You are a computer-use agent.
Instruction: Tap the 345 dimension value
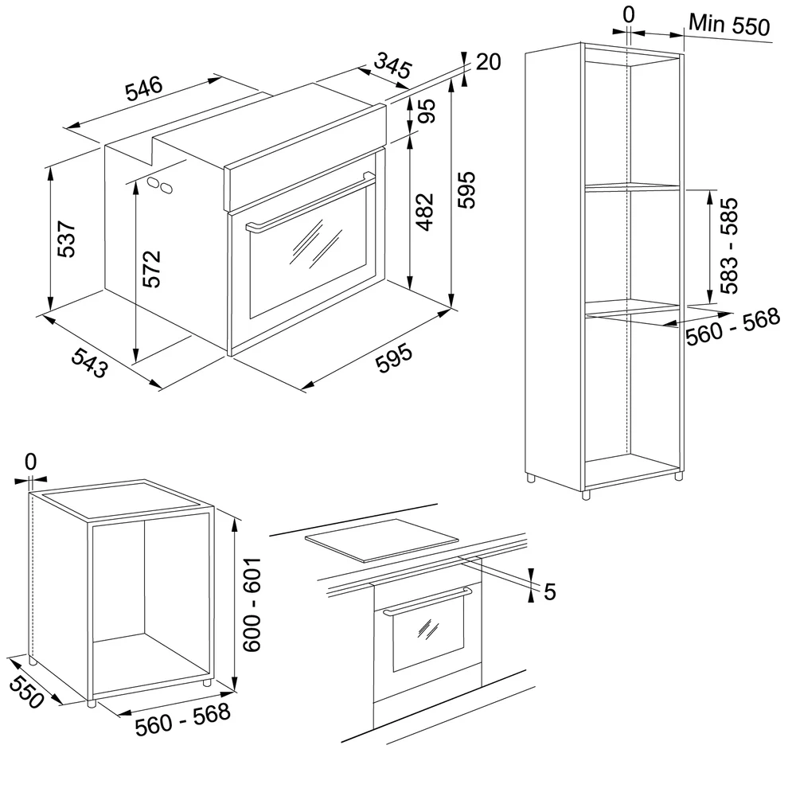pyautogui.click(x=392, y=65)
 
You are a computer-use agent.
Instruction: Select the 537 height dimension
pyautogui.click(x=67, y=239)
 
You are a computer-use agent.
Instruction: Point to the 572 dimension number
pyautogui.click(x=152, y=269)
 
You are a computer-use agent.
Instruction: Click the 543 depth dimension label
pyautogui.click(x=89, y=362)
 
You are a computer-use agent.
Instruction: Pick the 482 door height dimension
pyautogui.click(x=424, y=212)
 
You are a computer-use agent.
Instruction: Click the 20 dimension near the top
pyautogui.click(x=489, y=62)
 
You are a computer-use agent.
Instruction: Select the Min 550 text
pyautogui.click(x=729, y=24)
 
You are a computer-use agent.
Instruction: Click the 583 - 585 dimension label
pyautogui.click(x=729, y=246)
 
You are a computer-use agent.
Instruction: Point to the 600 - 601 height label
pyautogui.click(x=252, y=605)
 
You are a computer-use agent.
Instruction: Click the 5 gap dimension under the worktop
pyautogui.click(x=550, y=592)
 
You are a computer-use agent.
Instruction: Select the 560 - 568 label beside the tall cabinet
pyautogui.click(x=732, y=326)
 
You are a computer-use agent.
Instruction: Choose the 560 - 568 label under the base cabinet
pyautogui.click(x=183, y=719)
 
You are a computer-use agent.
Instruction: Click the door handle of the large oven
pyautogui.click(x=310, y=202)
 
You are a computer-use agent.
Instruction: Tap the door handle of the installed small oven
pyautogui.click(x=427, y=601)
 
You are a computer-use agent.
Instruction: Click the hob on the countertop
pyautogui.click(x=381, y=540)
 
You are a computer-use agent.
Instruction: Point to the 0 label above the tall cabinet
pyautogui.click(x=629, y=14)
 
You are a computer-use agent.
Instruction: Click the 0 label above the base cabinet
pyautogui.click(x=30, y=462)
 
